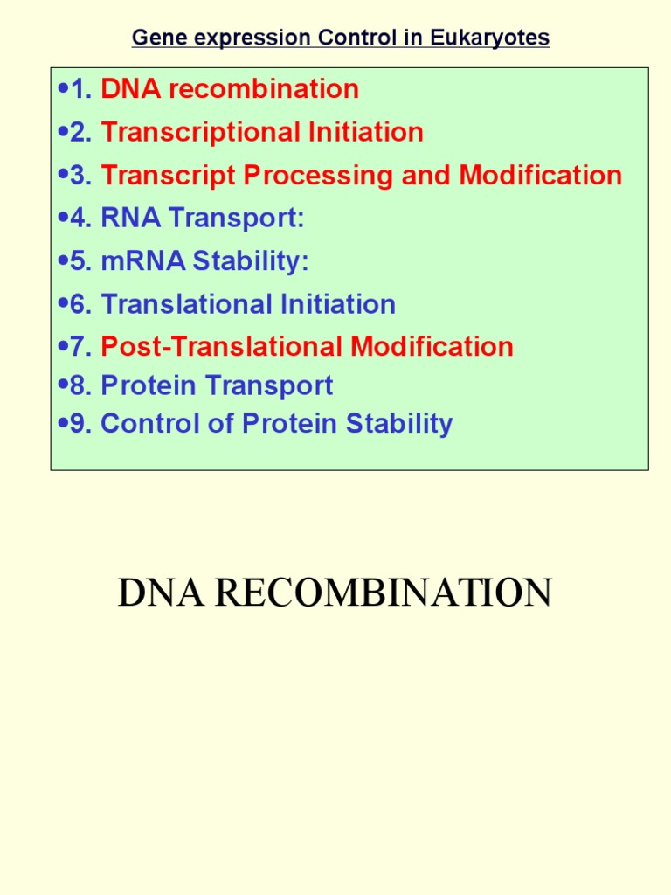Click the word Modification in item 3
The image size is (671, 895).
pyautogui.click(x=541, y=175)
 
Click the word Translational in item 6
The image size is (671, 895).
pyautogui.click(x=187, y=304)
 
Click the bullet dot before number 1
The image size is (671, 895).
pyautogui.click(x=62, y=88)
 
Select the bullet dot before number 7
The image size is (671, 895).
pyautogui.click(x=62, y=346)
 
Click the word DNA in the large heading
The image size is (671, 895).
pyautogui.click(x=161, y=593)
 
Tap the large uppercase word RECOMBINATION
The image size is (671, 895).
pyautogui.click(x=384, y=593)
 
